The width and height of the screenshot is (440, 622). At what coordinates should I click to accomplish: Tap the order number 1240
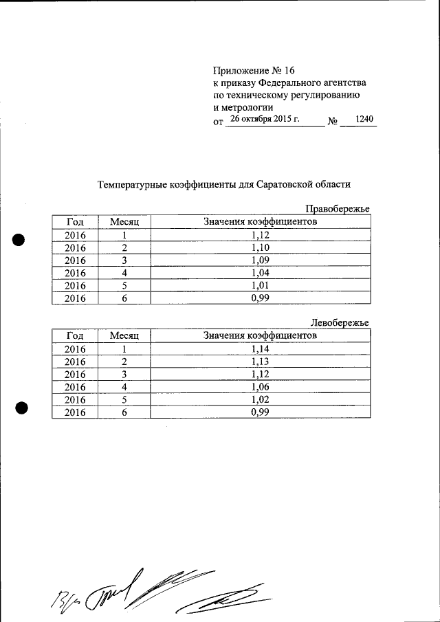coord(364,120)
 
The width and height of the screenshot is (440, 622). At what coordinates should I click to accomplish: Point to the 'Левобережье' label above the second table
coord(340,323)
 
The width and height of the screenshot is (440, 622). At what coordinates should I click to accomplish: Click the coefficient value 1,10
coord(260,247)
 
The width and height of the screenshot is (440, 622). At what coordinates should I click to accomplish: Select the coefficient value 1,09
coord(260,260)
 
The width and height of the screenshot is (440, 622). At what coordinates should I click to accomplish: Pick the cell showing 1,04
coord(260,273)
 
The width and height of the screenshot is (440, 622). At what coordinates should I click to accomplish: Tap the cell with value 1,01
coord(260,285)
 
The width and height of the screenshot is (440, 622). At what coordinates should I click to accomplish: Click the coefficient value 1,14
coord(260,349)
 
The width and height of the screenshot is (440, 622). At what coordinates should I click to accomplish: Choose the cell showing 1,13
coord(260,362)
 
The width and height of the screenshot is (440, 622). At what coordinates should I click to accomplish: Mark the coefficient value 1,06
coord(260,387)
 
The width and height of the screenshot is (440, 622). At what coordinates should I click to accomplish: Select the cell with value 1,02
coord(260,399)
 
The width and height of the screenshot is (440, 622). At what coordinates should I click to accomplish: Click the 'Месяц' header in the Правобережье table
coord(124,222)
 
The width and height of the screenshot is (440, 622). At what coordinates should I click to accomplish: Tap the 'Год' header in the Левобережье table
coord(75,336)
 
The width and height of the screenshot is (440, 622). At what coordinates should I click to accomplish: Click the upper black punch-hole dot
coord(19,240)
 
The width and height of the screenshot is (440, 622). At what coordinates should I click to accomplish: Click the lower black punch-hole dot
coord(21,407)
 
